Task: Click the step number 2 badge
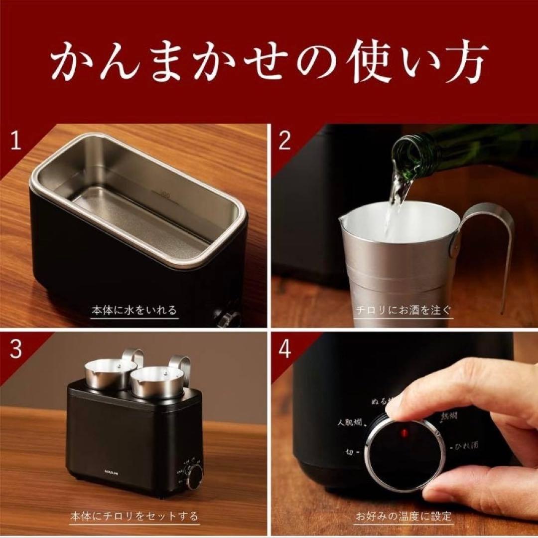(284, 142)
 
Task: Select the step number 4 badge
(284, 350)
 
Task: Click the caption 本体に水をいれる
(134, 311)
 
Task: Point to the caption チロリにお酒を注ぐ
(403, 311)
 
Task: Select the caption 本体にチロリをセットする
(134, 516)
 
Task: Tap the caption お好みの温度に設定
(403, 516)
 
